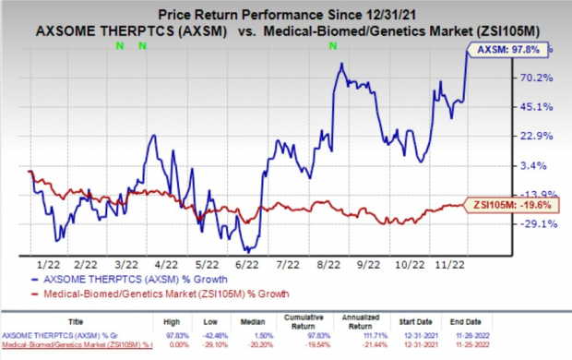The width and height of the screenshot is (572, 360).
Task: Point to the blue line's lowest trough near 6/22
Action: point(247,250)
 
